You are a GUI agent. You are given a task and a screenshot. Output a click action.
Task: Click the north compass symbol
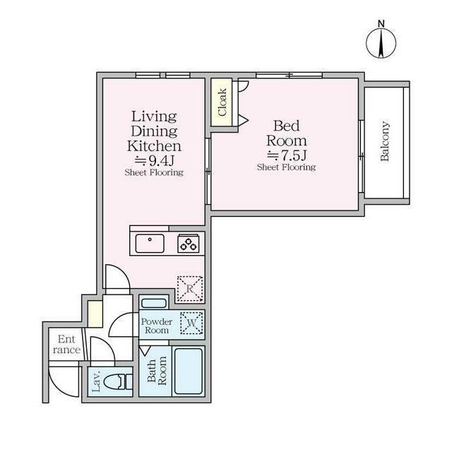(381, 43)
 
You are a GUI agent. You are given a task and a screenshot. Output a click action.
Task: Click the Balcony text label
(386, 142)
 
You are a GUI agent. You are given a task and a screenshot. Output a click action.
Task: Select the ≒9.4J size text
(154, 160)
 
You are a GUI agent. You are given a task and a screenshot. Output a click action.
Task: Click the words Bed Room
(286, 133)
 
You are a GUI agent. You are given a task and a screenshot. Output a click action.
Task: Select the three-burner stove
(189, 244)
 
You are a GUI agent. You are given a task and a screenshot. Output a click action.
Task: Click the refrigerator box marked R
(189, 288)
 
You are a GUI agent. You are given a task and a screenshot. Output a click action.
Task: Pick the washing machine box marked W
(191, 323)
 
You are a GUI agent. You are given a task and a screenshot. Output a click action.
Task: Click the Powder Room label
(156, 326)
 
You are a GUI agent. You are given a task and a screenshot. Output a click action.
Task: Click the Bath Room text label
(156, 372)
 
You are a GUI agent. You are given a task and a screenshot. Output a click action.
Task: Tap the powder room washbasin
(155, 304)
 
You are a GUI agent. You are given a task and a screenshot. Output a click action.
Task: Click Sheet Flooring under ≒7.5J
(286, 167)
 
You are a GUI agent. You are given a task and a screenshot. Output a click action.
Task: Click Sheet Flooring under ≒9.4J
(154, 172)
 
